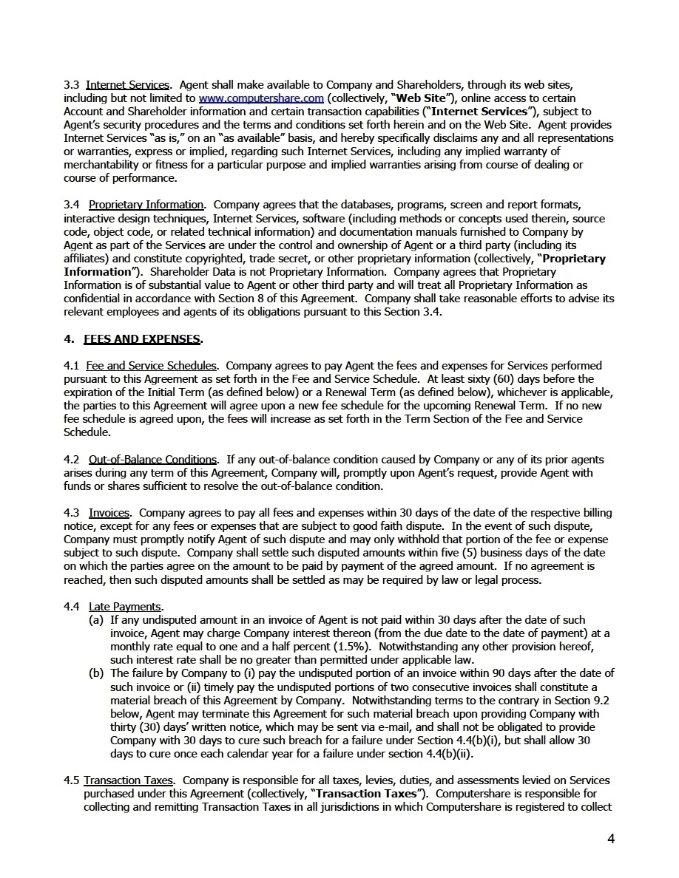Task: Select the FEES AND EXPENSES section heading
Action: (x=143, y=339)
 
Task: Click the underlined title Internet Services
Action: (x=128, y=84)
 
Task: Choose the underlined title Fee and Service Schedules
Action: (x=152, y=366)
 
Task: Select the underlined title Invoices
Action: (x=109, y=513)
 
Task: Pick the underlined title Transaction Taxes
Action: (x=129, y=780)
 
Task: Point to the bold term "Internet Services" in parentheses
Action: (x=486, y=111)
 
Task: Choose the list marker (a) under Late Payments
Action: (x=96, y=620)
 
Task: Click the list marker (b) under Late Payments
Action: (x=96, y=673)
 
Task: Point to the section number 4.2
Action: (x=72, y=459)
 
